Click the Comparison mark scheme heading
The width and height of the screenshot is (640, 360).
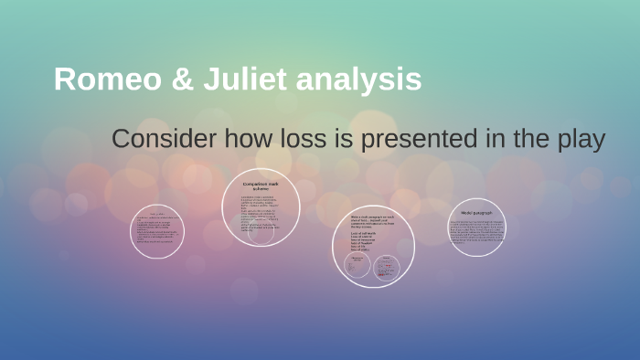tap(262, 187)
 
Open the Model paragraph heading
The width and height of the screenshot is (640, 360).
tap(476, 212)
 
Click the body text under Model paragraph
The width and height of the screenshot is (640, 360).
tap(476, 232)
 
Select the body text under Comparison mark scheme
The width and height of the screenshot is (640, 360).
tap(261, 212)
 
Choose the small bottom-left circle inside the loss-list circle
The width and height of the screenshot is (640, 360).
tap(357, 266)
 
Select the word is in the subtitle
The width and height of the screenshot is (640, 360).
tap(343, 140)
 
